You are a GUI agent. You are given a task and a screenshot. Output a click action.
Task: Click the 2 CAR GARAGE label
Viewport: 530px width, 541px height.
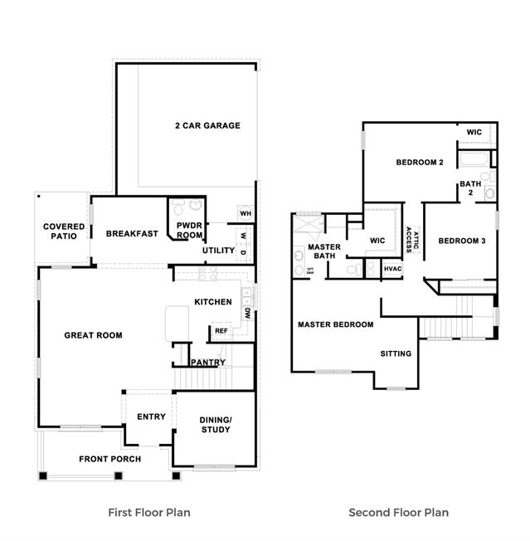207,126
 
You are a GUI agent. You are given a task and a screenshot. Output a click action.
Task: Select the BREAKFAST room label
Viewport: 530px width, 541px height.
132,234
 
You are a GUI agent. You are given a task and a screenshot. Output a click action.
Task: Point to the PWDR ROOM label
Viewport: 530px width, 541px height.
189,230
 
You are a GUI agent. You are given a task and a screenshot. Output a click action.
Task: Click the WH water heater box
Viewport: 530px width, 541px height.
246,214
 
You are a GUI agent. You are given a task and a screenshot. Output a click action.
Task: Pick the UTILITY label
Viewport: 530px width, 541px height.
219,251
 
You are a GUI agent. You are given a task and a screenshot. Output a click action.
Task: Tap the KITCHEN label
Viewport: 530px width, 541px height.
213,302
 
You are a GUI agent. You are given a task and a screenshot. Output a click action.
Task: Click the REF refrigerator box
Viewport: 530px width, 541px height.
221,331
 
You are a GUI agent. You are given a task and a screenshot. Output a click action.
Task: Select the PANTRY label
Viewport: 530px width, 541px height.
208,363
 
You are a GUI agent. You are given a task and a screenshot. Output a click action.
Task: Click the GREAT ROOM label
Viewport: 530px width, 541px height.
94,336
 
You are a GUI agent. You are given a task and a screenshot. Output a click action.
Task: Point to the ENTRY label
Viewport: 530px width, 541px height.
151,417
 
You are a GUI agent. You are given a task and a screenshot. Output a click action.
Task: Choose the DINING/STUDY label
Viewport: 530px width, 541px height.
216,425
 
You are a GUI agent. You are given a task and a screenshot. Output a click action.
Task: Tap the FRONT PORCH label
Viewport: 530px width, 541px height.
110,459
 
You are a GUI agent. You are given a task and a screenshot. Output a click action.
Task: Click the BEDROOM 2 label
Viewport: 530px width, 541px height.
420,163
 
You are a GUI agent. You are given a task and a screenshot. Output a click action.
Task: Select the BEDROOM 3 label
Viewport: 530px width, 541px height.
462,241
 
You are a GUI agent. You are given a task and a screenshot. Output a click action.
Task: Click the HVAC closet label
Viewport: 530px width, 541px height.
392,269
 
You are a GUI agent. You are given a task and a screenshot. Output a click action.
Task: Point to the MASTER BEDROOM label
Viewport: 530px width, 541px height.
336,324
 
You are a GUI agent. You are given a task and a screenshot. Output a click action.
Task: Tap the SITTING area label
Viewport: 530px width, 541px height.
396,354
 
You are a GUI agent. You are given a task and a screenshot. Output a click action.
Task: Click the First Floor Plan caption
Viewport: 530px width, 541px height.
149,513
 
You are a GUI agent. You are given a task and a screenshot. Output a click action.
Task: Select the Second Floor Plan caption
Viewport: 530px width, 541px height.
398,513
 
